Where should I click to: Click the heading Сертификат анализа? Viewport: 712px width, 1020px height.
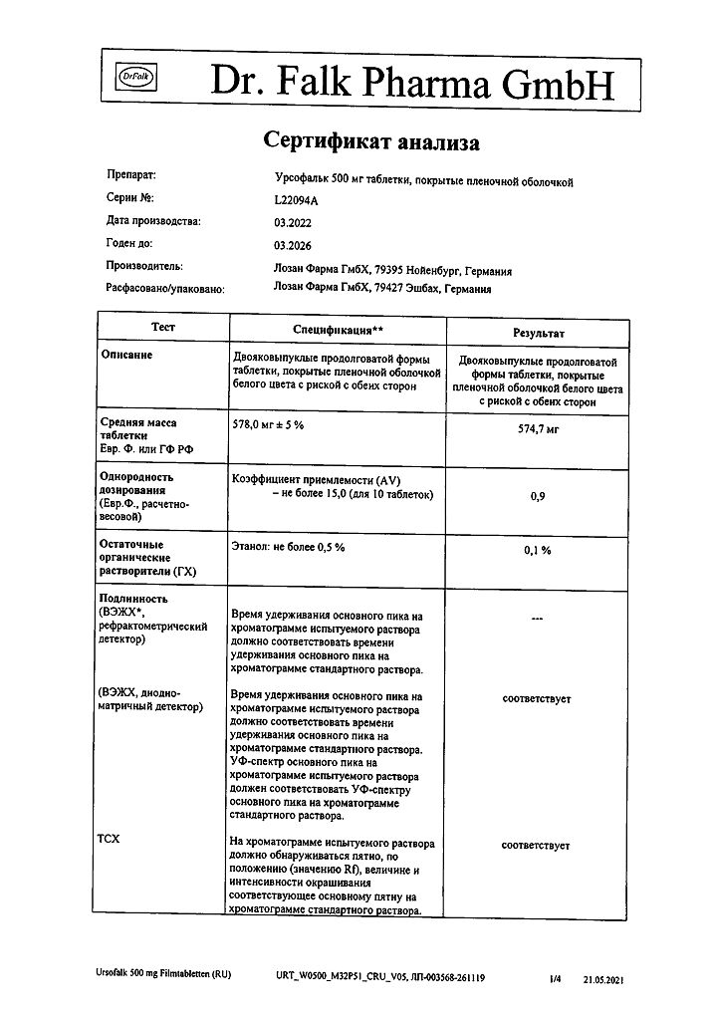tap(371, 141)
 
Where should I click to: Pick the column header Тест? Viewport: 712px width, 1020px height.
tap(162, 327)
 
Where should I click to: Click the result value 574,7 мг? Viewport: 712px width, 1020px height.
tap(538, 428)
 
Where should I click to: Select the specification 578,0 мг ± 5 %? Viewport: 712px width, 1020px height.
tap(268, 424)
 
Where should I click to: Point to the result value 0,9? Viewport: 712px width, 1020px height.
tap(538, 497)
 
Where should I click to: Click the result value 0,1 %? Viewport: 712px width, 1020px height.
tap(538, 551)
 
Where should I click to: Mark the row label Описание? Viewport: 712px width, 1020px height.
tap(127, 356)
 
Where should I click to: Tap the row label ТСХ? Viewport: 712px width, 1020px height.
tap(109, 840)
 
